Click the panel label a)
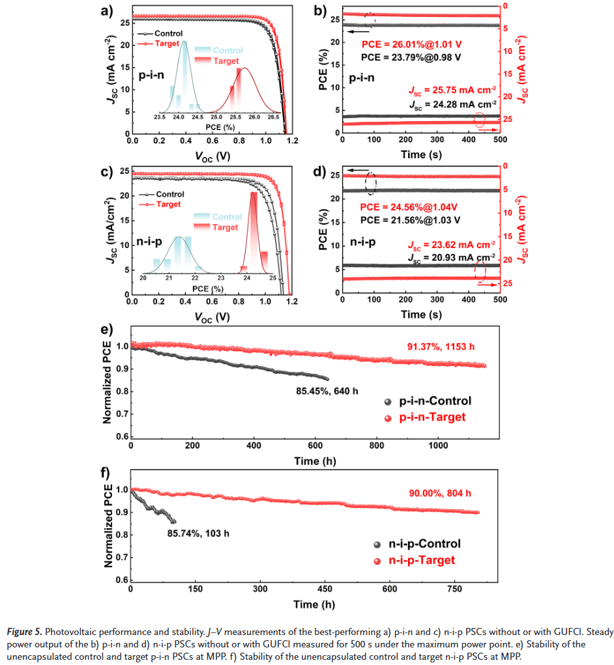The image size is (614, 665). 106,10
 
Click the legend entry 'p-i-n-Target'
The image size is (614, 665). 432,417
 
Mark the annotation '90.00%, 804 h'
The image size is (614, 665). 441,493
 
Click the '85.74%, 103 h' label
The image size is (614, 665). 198,533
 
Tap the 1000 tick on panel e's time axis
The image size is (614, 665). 437,446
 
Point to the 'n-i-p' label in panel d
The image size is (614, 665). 364,242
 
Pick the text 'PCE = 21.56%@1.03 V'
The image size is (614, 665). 411,220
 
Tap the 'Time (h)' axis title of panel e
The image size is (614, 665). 315,461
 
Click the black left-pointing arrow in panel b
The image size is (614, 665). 358,31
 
